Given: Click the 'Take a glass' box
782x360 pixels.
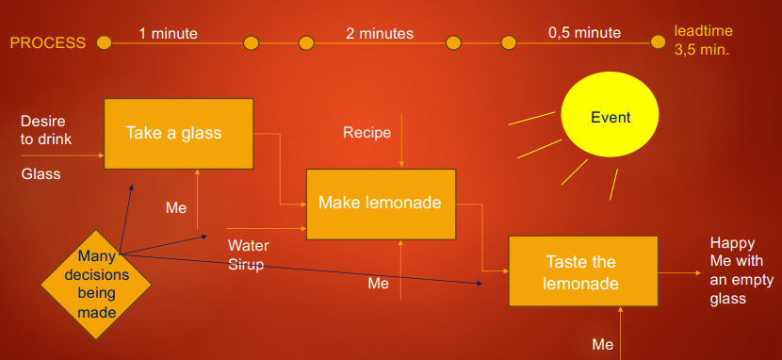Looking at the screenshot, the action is pos(179,134).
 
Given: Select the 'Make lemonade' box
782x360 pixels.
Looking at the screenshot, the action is pos(381,205).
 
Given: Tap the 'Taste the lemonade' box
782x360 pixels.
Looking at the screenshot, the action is pos(583,271).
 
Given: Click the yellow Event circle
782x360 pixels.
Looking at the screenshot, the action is pos(610,114).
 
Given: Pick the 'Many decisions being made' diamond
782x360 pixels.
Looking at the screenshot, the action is pos(96,285).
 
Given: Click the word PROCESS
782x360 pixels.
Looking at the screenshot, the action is pos(48,43).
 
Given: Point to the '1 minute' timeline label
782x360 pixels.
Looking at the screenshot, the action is pos(168,34).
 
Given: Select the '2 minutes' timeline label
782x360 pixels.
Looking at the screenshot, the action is pos(380,33).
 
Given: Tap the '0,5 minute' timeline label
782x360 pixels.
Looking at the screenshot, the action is pos(584,33).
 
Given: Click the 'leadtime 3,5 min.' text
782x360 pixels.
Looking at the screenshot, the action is pos(703,41).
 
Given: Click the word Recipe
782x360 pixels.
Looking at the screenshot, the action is pos(367,133).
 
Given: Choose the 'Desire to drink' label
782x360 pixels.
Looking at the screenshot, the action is pos(46,130).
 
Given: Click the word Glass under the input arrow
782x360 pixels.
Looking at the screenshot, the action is pos(41,173).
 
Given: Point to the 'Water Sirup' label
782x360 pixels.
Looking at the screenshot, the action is pos(249,254).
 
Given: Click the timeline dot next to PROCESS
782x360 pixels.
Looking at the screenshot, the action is pos(104,43).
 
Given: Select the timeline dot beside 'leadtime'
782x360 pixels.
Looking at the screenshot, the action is pos(658,42).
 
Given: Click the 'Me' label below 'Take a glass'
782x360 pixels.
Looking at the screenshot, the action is pos(176,208).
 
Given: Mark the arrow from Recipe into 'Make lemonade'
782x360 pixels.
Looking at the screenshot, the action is pos(401,141).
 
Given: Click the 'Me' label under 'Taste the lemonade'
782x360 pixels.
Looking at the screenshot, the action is pos(602,345).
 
